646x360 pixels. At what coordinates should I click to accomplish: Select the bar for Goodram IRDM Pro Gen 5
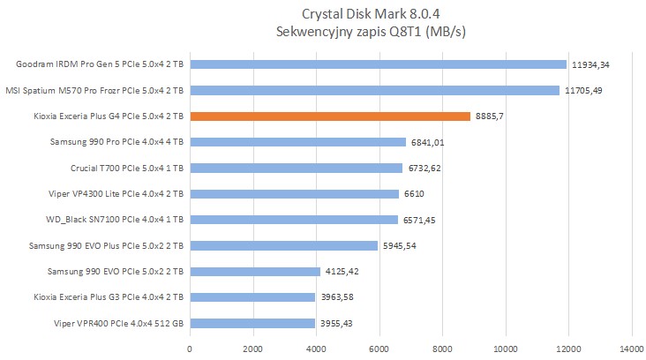coord(378,64)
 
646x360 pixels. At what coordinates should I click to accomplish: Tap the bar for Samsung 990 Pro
coord(297,142)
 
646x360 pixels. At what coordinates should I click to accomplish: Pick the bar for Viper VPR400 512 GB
coord(252,323)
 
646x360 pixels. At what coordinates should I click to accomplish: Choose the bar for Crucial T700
coord(296,168)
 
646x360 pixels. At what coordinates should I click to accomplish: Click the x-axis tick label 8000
coord(442,349)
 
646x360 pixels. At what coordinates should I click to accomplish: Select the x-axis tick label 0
coord(190,349)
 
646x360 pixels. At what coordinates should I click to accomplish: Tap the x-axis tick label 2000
coord(253,349)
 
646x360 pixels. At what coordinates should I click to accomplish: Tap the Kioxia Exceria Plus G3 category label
coord(108,297)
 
